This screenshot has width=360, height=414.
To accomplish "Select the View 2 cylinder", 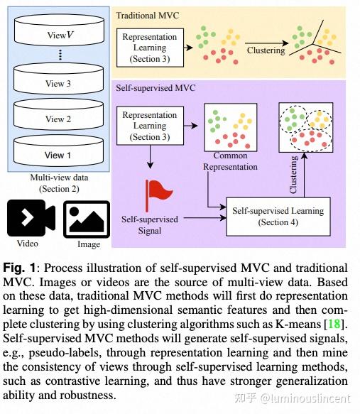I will point(58,116).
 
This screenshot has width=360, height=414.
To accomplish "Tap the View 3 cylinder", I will point(58,81).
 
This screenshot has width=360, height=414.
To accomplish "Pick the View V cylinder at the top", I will point(58,32).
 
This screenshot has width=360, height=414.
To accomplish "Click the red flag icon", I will point(156,192).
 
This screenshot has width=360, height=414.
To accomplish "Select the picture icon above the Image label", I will point(87,218).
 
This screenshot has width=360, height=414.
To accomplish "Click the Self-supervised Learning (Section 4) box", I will point(278,216).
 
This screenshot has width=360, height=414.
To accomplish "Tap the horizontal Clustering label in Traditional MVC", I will point(266,50).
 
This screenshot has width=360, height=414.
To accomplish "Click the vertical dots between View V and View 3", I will point(59,55).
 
